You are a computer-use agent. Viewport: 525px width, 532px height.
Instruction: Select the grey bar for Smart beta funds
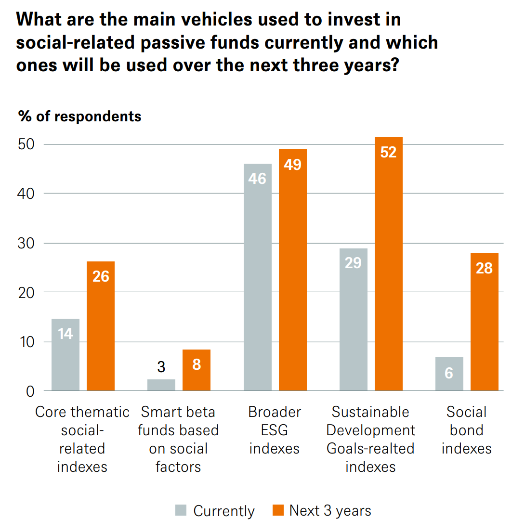(x=161, y=385)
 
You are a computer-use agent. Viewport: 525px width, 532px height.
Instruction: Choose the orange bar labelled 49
(x=293, y=270)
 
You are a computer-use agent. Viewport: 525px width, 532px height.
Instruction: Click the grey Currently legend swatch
(x=181, y=510)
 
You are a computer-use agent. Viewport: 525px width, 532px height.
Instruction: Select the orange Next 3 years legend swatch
(x=278, y=510)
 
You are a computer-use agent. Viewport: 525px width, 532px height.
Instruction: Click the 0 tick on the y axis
(x=30, y=391)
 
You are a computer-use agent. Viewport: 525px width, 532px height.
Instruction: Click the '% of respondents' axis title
(x=79, y=117)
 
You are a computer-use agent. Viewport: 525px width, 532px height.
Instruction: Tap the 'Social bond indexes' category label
(x=466, y=430)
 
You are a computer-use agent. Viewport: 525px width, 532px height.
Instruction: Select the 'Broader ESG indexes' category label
(x=275, y=430)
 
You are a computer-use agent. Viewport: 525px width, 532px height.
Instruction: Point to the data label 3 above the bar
(x=161, y=367)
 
